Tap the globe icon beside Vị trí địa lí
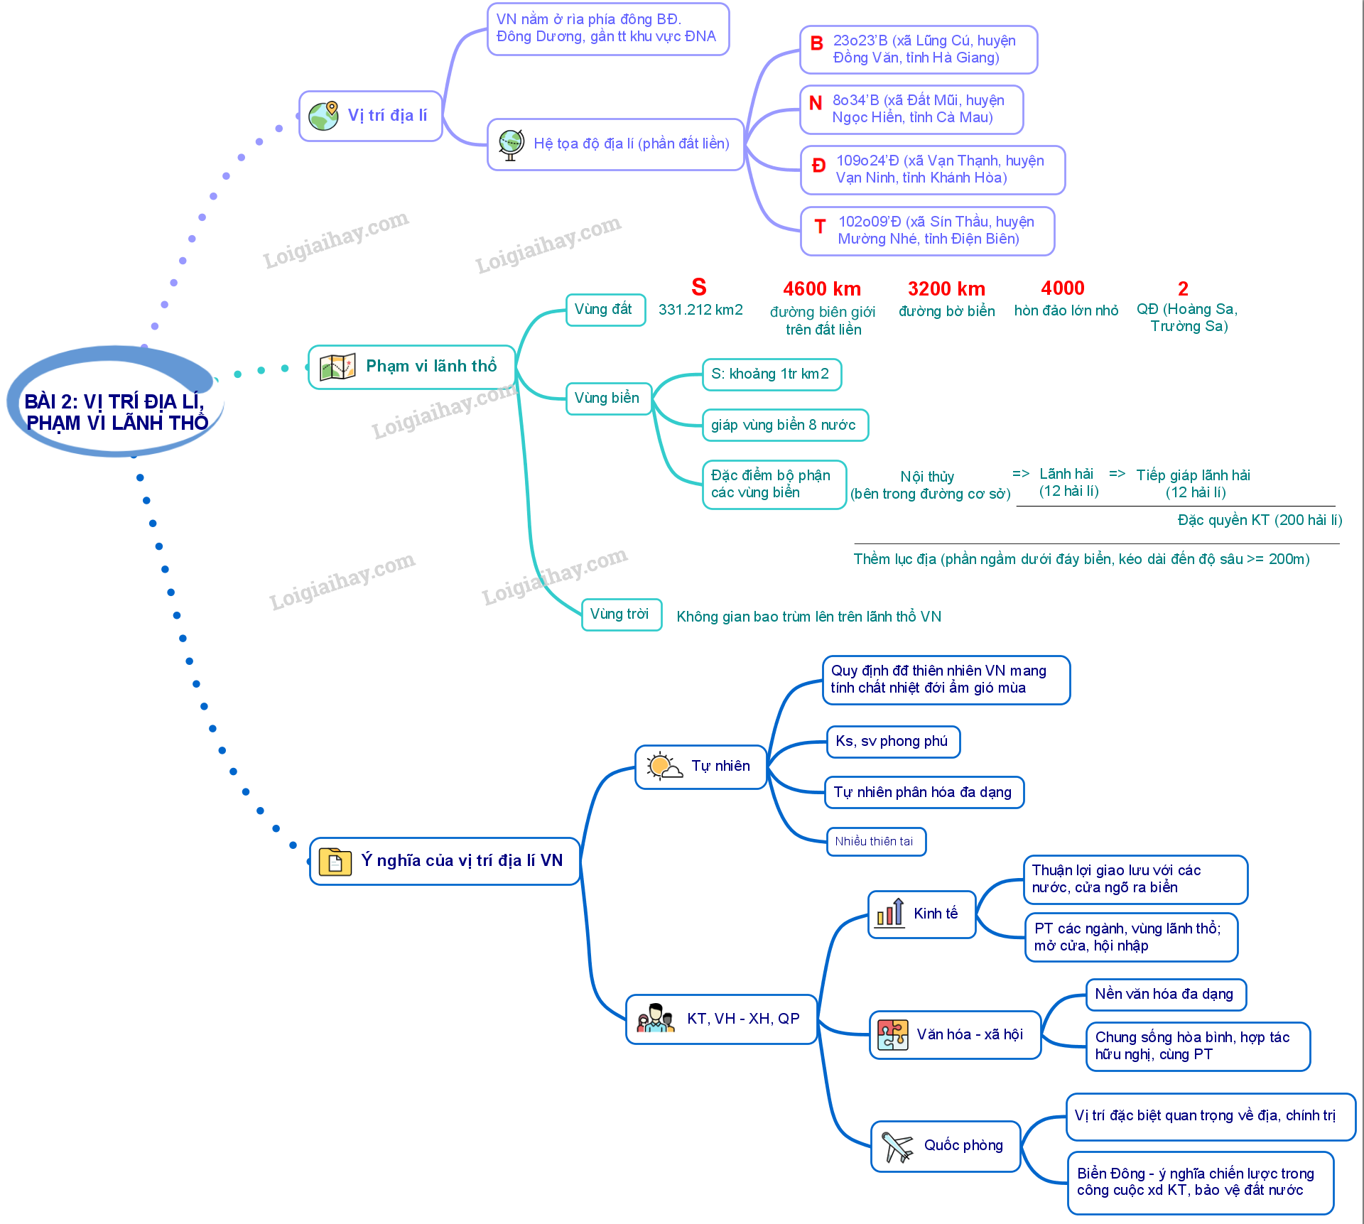(324, 115)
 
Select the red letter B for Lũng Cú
(817, 44)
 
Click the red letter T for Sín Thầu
(820, 227)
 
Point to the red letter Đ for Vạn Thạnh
(819, 166)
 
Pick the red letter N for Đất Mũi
(816, 104)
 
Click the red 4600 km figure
(822, 289)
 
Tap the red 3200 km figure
(946, 289)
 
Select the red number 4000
(1063, 288)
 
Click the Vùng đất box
(605, 310)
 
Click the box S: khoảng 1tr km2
(772, 374)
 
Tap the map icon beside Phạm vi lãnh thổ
(337, 367)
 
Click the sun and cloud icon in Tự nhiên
(664, 767)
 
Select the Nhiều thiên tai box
(876, 842)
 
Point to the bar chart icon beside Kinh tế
(890, 913)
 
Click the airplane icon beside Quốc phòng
(897, 1146)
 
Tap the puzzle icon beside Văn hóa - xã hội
(893, 1035)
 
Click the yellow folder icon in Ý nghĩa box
(335, 862)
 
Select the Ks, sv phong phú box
(893, 742)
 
